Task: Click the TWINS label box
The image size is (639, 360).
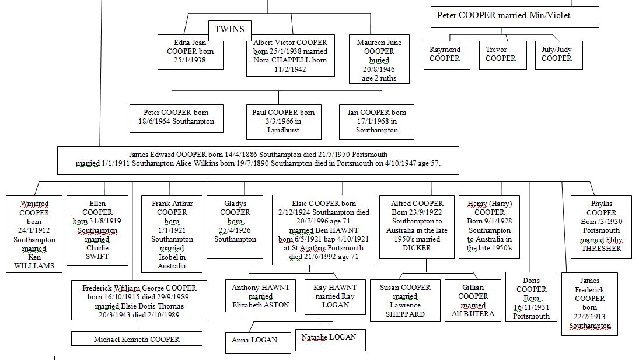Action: pos(229,29)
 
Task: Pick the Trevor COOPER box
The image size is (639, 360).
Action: pos(500,54)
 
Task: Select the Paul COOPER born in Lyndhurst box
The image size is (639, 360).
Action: pos(283,121)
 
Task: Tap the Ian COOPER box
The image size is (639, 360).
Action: pos(376,121)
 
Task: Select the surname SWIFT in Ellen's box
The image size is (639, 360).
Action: pos(97,256)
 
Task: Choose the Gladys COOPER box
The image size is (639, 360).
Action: pos(235,222)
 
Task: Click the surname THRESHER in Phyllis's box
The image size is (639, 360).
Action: pos(601,248)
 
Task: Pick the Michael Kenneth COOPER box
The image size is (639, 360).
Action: pos(137,339)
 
